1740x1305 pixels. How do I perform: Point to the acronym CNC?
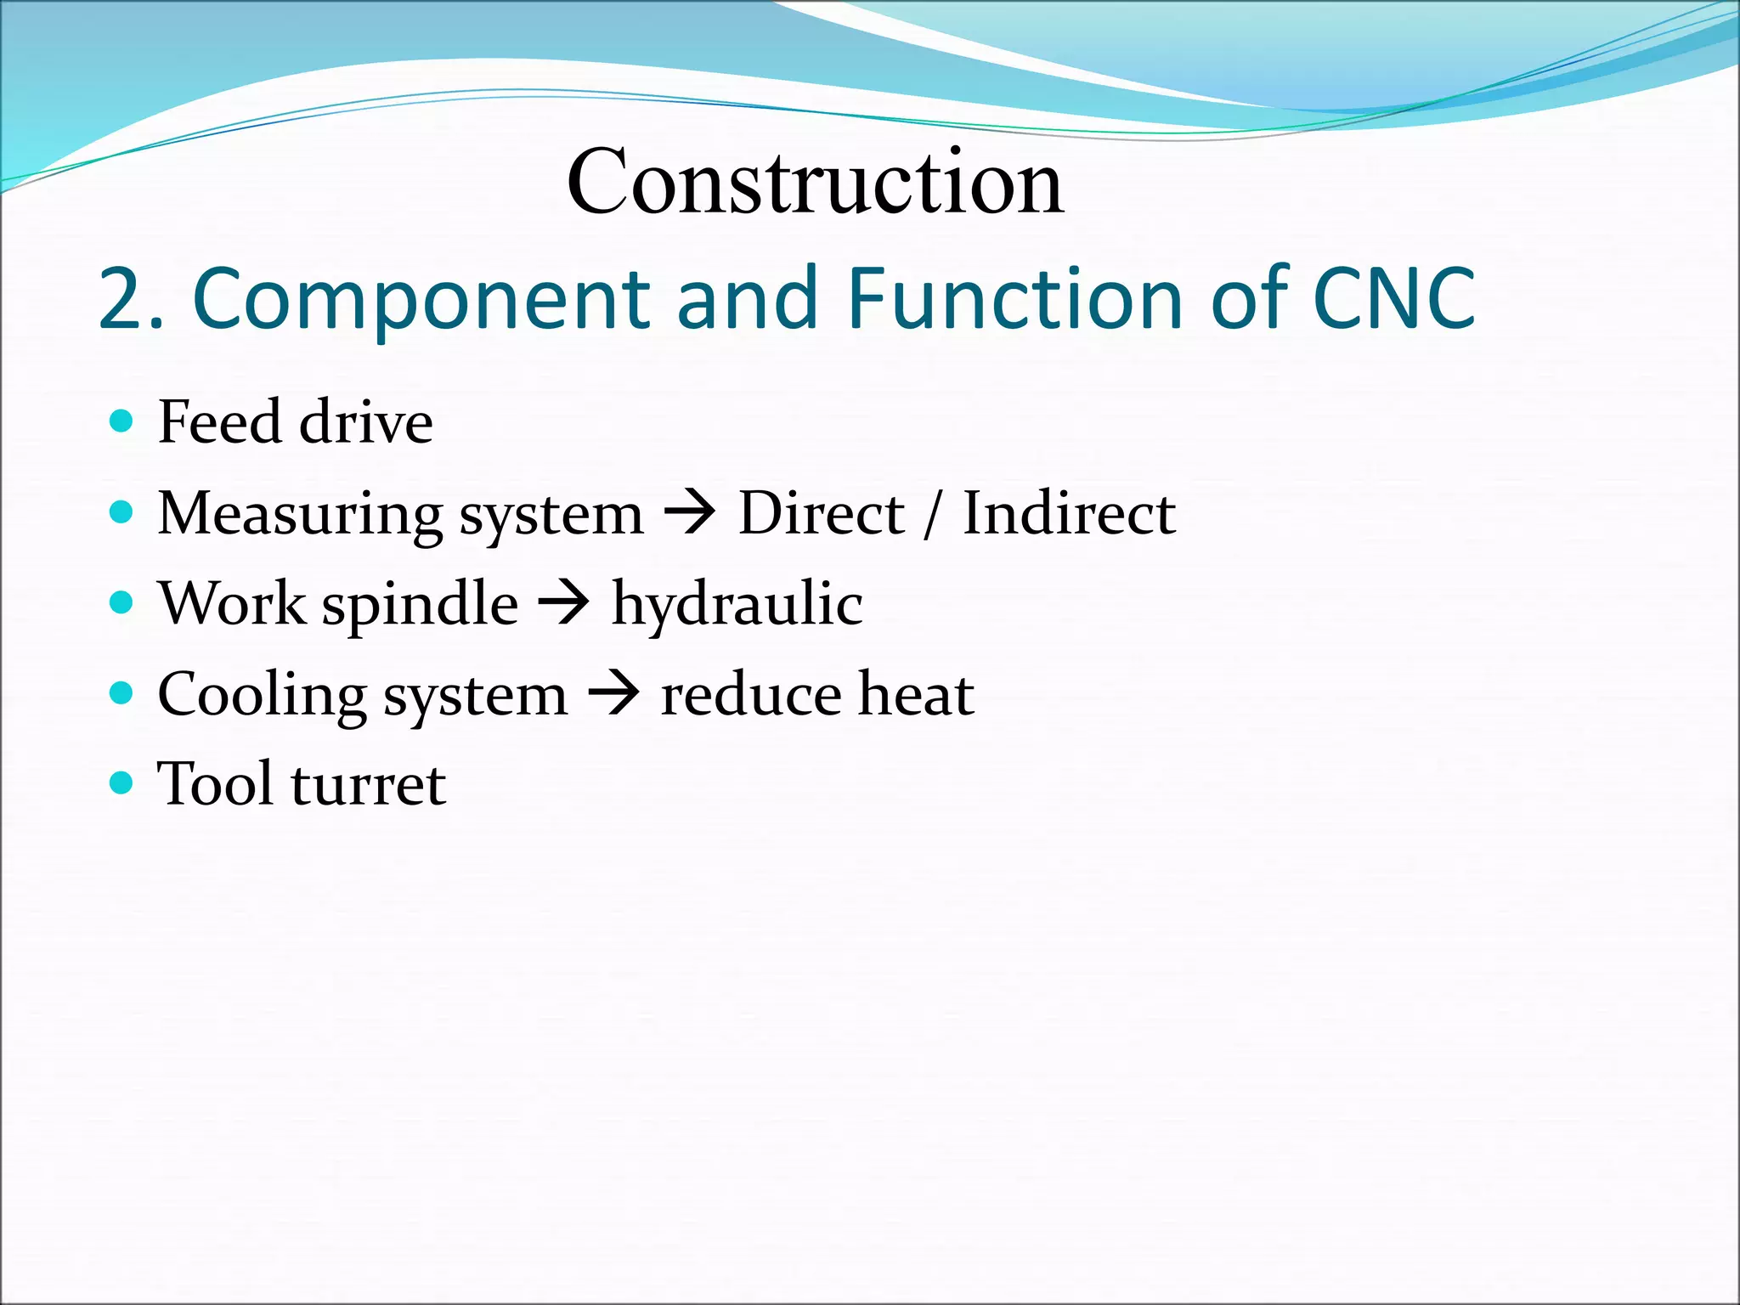pos(1393,299)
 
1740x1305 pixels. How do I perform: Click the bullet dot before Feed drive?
pos(122,421)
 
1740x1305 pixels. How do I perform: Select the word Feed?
pos(219,422)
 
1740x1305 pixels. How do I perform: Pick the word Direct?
pos(821,514)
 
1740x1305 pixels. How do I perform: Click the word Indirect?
pos(1069,514)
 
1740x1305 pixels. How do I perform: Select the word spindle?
pos(420,604)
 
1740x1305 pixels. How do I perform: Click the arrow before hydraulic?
pos(564,604)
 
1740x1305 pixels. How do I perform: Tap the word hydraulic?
pos(737,606)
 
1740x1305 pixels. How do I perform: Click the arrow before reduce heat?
pos(613,695)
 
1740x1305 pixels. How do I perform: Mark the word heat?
pos(915,695)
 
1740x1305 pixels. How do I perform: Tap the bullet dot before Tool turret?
pos(122,782)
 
